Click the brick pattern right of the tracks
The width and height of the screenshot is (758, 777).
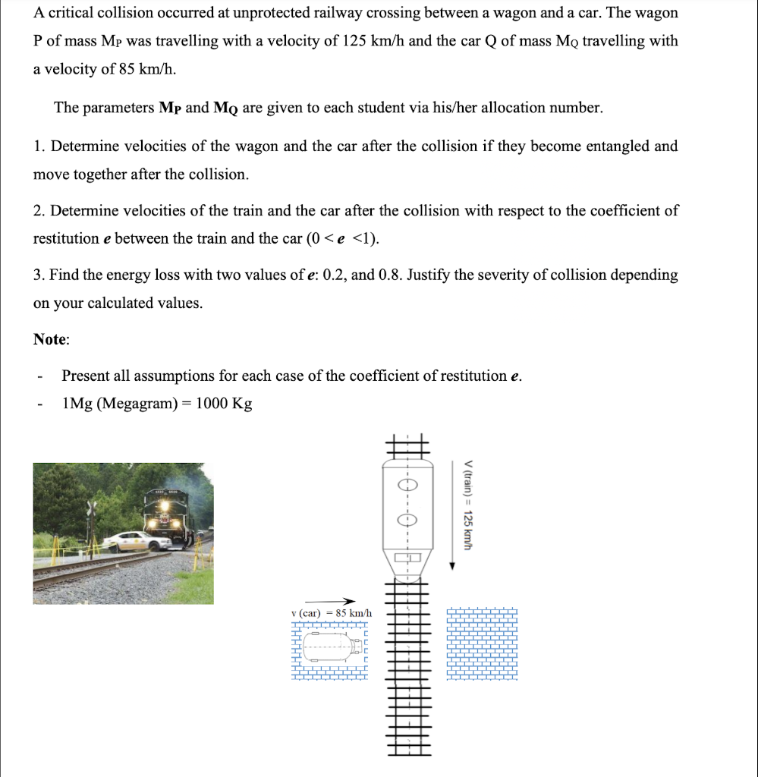pyautogui.click(x=482, y=643)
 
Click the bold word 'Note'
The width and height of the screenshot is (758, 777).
pyautogui.click(x=50, y=340)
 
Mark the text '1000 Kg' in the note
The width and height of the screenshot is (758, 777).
pyautogui.click(x=224, y=404)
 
